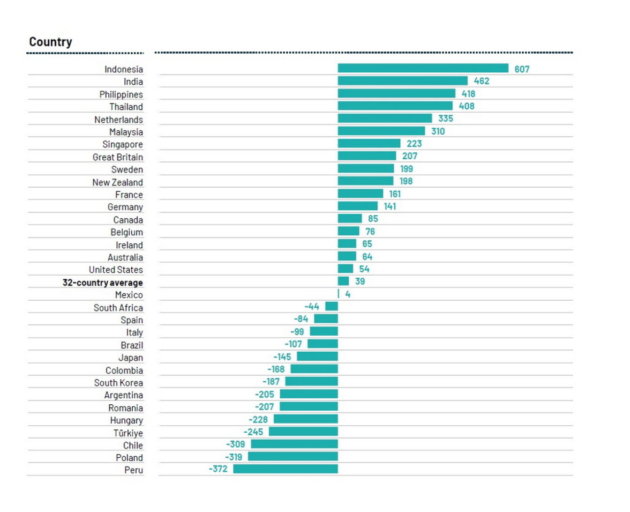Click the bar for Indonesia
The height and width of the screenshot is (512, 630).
coord(423,68)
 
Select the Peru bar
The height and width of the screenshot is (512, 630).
coord(286,469)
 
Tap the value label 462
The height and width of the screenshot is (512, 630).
coord(482,81)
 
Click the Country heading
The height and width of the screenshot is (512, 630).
coord(50,42)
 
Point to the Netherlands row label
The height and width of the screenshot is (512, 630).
coord(118,120)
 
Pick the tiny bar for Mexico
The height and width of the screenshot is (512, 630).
coord(338,294)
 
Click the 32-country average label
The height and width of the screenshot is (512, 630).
coord(102,283)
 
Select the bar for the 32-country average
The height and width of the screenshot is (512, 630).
coord(343,281)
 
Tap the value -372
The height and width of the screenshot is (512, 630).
coord(218,469)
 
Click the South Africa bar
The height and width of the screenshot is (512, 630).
coord(332,306)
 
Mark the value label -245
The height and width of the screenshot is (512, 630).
coord(253,432)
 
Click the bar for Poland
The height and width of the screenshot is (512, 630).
coord(292,457)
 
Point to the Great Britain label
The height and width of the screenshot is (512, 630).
coord(118,157)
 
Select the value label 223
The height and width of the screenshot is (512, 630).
coord(414,144)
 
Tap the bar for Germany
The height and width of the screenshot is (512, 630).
coord(357,206)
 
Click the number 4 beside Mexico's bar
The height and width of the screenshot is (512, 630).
coord(348,294)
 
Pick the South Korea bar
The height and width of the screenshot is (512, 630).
coord(311,381)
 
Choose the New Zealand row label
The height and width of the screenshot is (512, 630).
coord(117,182)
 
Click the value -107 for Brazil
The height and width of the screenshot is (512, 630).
coord(294,344)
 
